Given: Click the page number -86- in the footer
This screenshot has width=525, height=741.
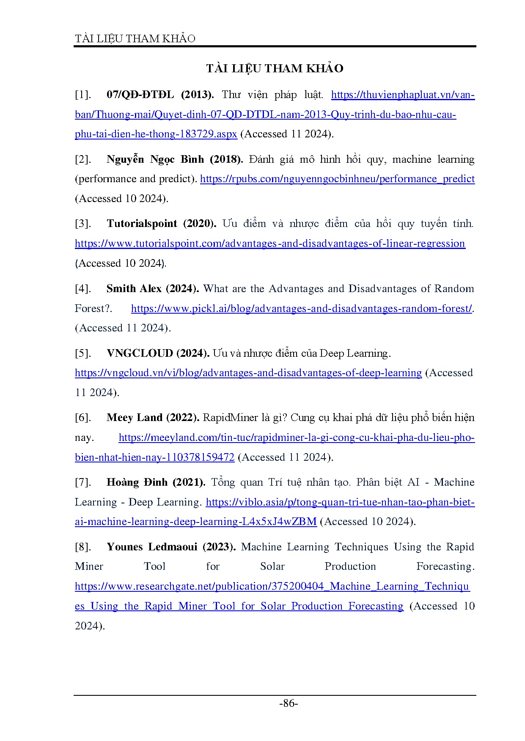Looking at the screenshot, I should pos(289,703).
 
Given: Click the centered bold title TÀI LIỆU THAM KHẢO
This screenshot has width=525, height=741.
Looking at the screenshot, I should pos(275,68).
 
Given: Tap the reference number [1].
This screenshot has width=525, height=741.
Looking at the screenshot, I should pos(83,95).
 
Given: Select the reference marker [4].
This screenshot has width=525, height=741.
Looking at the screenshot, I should pos(83,289).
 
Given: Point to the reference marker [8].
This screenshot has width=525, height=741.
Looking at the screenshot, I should pos(83,547).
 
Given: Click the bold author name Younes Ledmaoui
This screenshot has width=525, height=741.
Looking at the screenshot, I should pos(152,547).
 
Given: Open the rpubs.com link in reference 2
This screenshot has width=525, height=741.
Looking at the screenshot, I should pos(337,179).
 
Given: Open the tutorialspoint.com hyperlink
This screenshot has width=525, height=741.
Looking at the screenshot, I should pos(270,243).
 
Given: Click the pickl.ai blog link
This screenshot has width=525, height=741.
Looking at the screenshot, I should pos(301,309).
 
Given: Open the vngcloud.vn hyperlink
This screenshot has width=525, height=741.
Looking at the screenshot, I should pos(248,373).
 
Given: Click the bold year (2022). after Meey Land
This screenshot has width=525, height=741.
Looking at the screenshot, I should pos(183,418).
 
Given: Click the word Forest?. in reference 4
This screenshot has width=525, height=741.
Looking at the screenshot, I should pos(93,309).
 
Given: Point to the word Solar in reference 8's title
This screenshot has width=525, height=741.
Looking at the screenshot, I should pos(272,566).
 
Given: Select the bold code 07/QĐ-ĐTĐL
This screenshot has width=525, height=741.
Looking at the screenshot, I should pos(140,95).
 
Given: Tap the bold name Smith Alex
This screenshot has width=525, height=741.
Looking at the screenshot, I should pos(134,289).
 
